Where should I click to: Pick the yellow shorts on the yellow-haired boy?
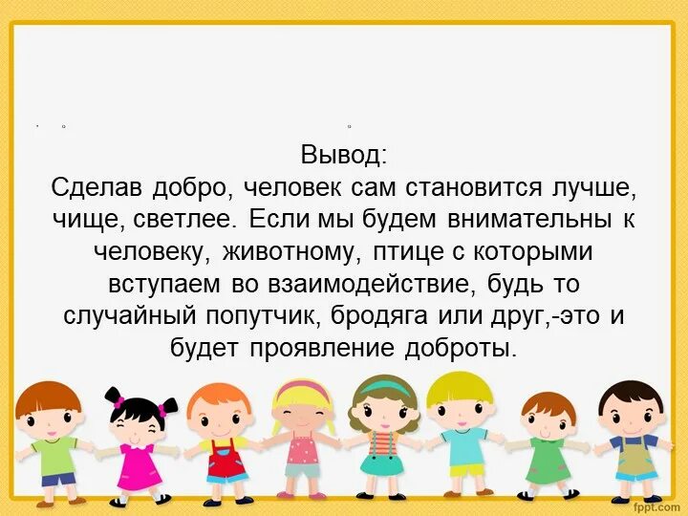(467, 471)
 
